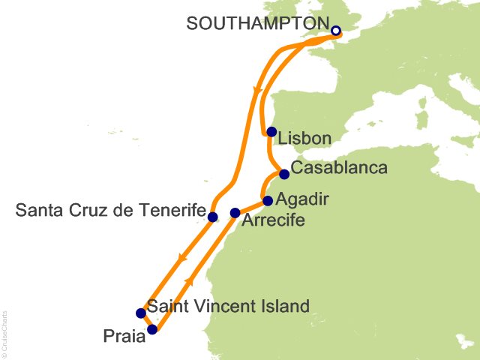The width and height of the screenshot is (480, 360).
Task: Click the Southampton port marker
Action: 336,31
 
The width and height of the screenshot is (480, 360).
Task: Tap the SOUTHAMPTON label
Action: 257,23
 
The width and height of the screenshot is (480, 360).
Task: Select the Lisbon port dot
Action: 271,132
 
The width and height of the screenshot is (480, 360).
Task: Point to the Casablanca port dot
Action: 284,175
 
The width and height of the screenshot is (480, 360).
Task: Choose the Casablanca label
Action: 338,167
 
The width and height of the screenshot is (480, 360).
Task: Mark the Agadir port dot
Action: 268,201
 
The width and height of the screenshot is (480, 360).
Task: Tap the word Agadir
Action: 301,199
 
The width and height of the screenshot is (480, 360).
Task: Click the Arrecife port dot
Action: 235,213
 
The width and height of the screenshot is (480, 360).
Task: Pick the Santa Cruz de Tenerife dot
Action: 212,217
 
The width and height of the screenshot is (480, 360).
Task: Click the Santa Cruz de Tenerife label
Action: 110,212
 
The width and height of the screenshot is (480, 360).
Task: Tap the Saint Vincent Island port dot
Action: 140,313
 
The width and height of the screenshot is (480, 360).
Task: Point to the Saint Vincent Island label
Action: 228,306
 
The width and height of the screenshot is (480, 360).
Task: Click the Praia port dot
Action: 152,329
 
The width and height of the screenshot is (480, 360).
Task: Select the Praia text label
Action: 124,337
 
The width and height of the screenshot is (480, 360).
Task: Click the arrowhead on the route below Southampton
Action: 257,91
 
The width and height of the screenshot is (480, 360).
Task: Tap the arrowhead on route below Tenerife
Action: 180,258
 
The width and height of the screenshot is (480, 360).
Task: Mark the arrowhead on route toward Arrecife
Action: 189,281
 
